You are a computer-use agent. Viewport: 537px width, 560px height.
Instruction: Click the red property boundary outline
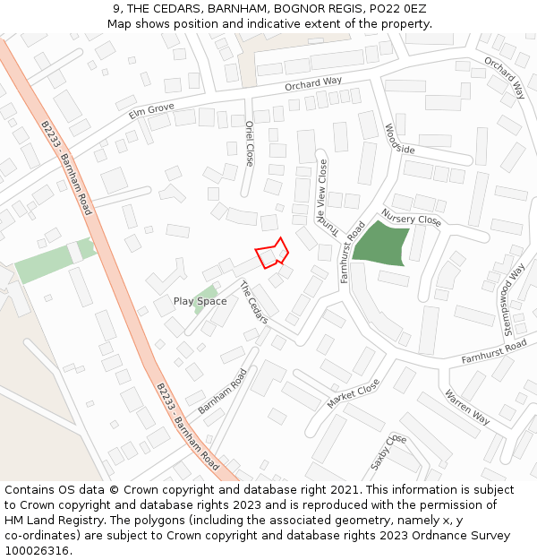coord(272,254)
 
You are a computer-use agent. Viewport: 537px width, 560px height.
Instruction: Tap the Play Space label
coord(200,301)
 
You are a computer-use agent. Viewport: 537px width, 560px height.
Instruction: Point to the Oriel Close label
coord(250,144)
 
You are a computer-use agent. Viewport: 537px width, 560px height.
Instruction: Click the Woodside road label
coord(399,139)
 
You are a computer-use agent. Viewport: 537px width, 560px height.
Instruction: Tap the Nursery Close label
coord(411,219)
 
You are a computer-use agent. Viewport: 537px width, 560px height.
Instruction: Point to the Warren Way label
coord(467,407)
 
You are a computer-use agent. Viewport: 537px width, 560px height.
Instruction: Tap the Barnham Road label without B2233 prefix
coord(221,391)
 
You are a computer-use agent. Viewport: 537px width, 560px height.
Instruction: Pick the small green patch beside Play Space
coord(205,292)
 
